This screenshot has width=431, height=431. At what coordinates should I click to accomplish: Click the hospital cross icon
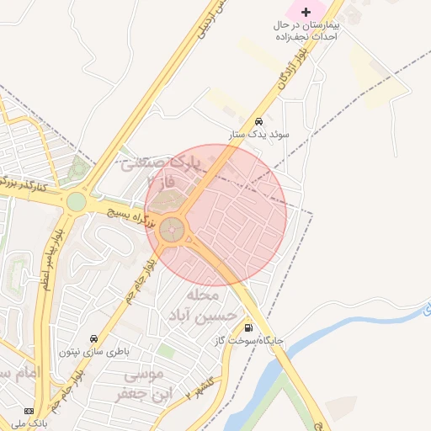coord(306,13)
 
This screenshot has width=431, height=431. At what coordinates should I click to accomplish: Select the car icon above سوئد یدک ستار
coord(259,121)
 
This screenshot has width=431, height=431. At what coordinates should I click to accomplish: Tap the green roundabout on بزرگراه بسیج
coord(77,202)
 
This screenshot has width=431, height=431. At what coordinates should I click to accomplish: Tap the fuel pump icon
coord(247,328)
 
